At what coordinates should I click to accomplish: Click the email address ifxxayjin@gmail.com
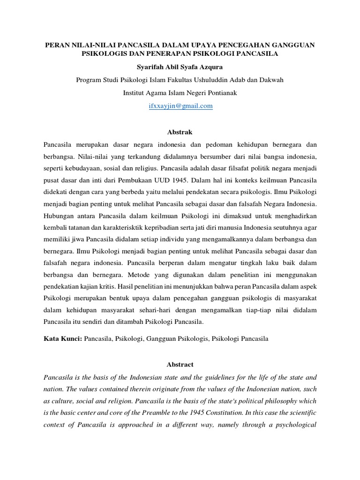tap(180, 106)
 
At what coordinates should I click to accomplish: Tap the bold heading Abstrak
tap(180, 133)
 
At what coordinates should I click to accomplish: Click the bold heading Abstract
tap(180, 364)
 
